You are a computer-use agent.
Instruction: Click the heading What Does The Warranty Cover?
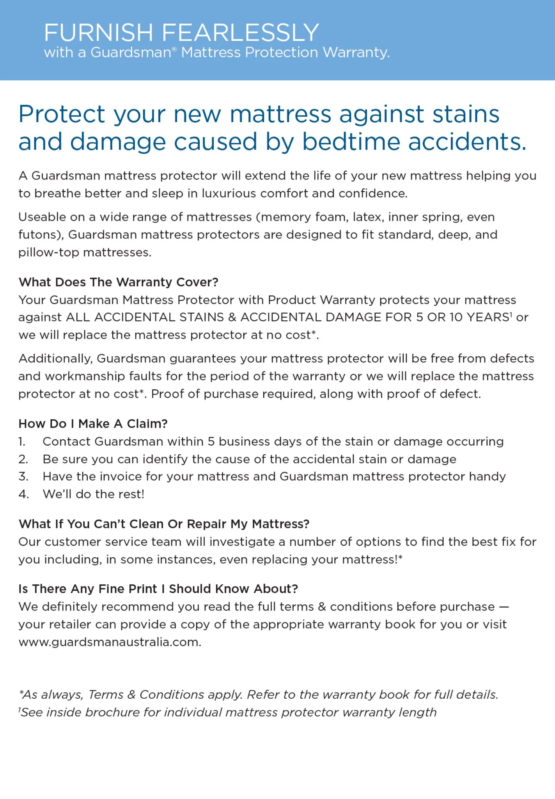[x=118, y=282]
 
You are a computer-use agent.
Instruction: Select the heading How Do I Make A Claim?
[x=93, y=424]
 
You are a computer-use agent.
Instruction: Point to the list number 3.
[x=23, y=476]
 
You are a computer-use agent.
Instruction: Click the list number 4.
[x=23, y=494]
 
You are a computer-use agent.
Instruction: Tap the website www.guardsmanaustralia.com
[x=110, y=642]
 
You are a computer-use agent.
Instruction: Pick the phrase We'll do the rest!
[x=94, y=494]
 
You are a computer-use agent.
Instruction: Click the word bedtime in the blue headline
[x=351, y=141]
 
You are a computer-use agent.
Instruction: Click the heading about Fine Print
[x=158, y=589]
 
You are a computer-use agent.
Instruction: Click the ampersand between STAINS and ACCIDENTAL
[x=232, y=317]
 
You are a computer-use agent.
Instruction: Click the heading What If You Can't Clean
[x=164, y=524]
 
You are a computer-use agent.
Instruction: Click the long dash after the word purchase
[x=504, y=607]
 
